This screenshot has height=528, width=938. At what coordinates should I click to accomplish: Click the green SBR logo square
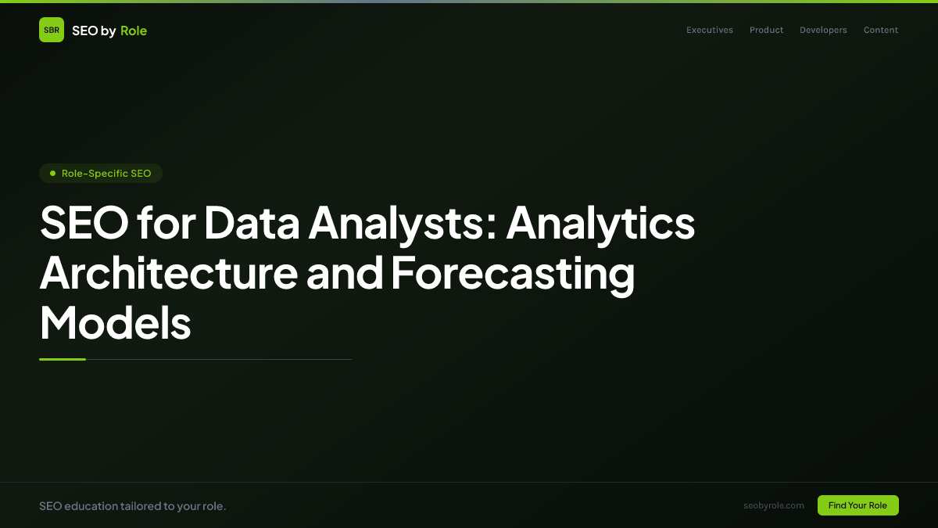pyautogui.click(x=52, y=30)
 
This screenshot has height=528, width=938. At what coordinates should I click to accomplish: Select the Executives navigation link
pyautogui.click(x=710, y=31)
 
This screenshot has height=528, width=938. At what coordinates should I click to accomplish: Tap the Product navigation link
pyautogui.click(x=766, y=31)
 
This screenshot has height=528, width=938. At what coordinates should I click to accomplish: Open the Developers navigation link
pyautogui.click(x=823, y=31)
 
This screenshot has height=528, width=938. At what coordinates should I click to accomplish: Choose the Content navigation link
pyautogui.click(x=881, y=31)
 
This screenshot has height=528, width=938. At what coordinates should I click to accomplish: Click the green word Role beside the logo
pyautogui.click(x=134, y=31)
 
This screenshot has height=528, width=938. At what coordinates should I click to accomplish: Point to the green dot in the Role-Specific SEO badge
pyautogui.click(x=52, y=173)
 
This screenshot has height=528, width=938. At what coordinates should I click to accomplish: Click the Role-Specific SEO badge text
pyautogui.click(x=106, y=173)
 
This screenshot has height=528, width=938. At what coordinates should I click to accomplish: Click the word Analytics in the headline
pyautogui.click(x=600, y=223)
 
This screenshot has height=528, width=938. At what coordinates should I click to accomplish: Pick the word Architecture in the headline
pyautogui.click(x=168, y=273)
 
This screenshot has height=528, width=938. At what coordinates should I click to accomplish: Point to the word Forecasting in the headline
pyautogui.click(x=513, y=273)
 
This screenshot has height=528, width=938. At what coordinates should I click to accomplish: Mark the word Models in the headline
pyautogui.click(x=116, y=322)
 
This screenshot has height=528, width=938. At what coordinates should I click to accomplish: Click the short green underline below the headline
pyautogui.click(x=63, y=359)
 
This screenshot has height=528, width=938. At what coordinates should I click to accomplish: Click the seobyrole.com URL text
pyautogui.click(x=774, y=505)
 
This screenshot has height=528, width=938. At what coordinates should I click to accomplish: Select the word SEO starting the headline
pyautogui.click(x=84, y=223)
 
